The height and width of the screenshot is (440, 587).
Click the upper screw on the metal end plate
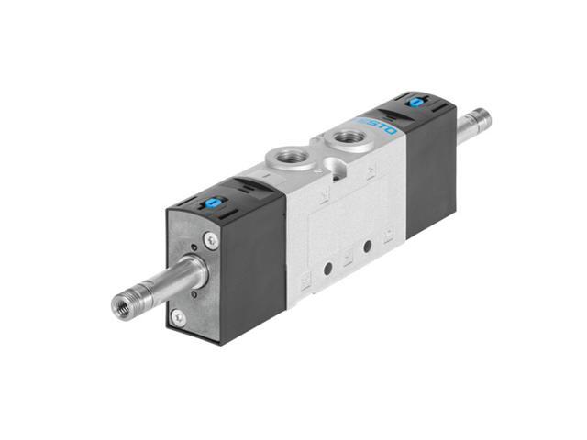click(212, 240)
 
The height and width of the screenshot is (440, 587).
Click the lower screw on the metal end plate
click(178, 317)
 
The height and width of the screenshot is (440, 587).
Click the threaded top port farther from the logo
click(279, 159)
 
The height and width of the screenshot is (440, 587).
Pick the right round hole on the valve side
click(367, 246)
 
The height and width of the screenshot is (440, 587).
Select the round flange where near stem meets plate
click(191, 275)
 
